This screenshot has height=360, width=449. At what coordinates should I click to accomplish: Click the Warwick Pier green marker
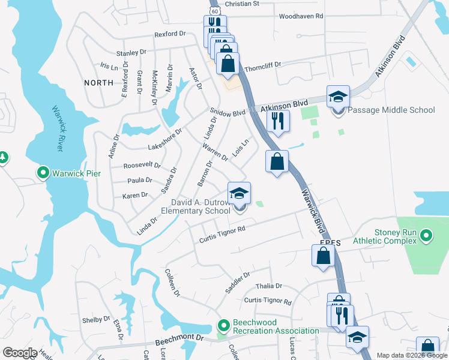[43, 173]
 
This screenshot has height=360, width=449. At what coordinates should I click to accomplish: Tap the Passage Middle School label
[391, 110]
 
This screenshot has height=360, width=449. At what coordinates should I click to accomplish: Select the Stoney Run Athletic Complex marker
[426, 235]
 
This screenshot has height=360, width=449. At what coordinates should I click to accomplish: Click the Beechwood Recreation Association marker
[224, 326]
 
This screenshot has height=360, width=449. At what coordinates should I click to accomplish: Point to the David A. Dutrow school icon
[239, 194]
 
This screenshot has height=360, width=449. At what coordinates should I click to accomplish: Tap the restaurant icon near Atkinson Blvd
[277, 121]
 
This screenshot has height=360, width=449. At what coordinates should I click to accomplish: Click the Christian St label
[241, 4]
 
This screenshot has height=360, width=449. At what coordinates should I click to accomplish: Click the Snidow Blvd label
[228, 112]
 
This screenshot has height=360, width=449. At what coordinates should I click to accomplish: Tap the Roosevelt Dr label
[142, 165]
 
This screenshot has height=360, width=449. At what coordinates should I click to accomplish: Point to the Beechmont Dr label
[180, 341]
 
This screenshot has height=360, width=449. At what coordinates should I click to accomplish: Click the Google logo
[20, 352]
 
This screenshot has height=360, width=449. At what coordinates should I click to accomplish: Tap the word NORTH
[98, 82]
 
